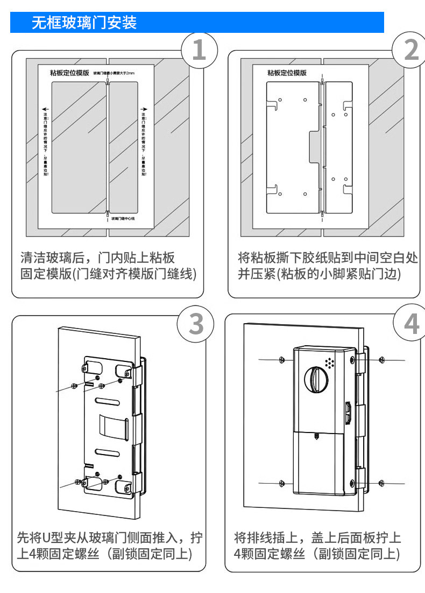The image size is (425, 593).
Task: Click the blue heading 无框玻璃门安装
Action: (x=84, y=23)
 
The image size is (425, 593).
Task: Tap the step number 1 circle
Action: (x=199, y=50)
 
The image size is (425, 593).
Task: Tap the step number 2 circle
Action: (x=410, y=50)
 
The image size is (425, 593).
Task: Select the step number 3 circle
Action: (x=196, y=325)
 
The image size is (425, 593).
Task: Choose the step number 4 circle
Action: (x=410, y=324)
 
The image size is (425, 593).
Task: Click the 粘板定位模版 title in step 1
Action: (x=69, y=73)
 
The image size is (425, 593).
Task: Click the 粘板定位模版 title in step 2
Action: (x=287, y=73)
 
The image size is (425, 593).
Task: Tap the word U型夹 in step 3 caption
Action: (x=68, y=537)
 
